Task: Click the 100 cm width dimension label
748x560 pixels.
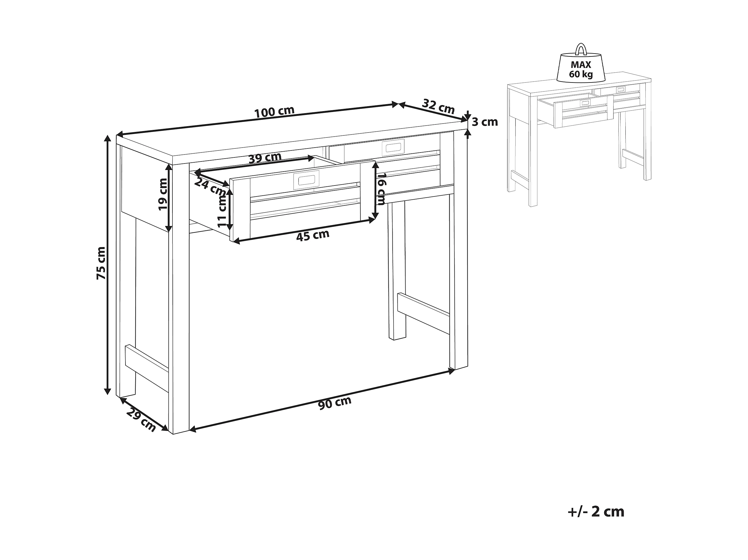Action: click(x=274, y=111)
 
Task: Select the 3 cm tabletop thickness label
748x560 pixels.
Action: click(x=485, y=122)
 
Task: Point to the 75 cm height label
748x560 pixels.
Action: click(x=101, y=263)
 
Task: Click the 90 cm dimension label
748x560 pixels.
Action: click(x=335, y=403)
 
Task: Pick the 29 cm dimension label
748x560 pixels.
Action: click(x=141, y=420)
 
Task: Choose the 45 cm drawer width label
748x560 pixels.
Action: click(x=312, y=235)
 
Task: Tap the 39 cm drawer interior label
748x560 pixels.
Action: click(x=265, y=158)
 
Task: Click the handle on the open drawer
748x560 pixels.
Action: click(x=306, y=180)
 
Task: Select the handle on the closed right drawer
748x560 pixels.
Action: click(x=393, y=147)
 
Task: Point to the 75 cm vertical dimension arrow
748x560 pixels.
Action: click(x=108, y=265)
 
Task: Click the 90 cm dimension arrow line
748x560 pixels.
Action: click(x=322, y=400)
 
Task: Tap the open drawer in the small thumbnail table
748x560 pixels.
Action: click(x=576, y=111)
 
